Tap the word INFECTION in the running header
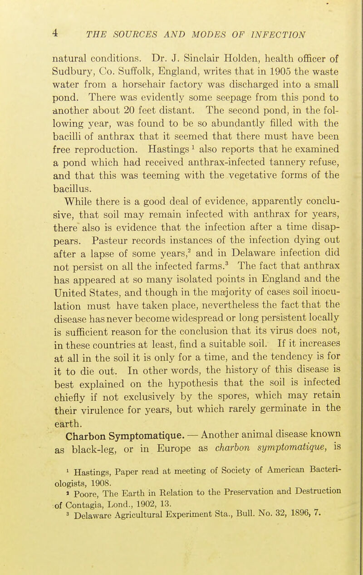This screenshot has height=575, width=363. pyautogui.click(x=271, y=35)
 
